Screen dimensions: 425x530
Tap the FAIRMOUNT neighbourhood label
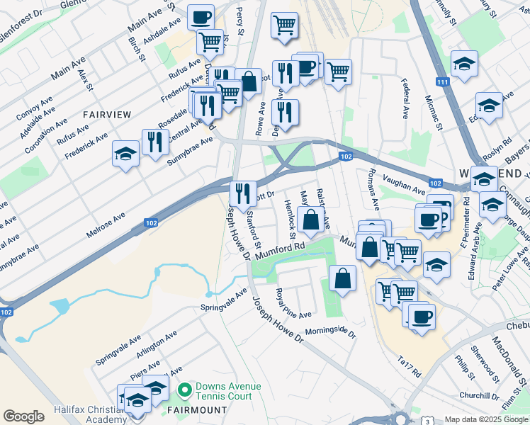(197, 410)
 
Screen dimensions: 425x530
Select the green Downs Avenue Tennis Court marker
(185, 390)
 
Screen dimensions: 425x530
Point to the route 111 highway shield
(442, 83)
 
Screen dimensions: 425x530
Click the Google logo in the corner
(24, 416)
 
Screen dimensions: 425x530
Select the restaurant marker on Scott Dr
(243, 193)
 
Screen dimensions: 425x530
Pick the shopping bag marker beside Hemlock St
(310, 219)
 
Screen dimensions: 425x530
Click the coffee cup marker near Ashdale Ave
(201, 16)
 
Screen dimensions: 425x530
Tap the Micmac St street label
(434, 113)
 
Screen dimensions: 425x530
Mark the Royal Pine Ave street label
(293, 303)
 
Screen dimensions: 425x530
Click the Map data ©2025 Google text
(485, 419)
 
